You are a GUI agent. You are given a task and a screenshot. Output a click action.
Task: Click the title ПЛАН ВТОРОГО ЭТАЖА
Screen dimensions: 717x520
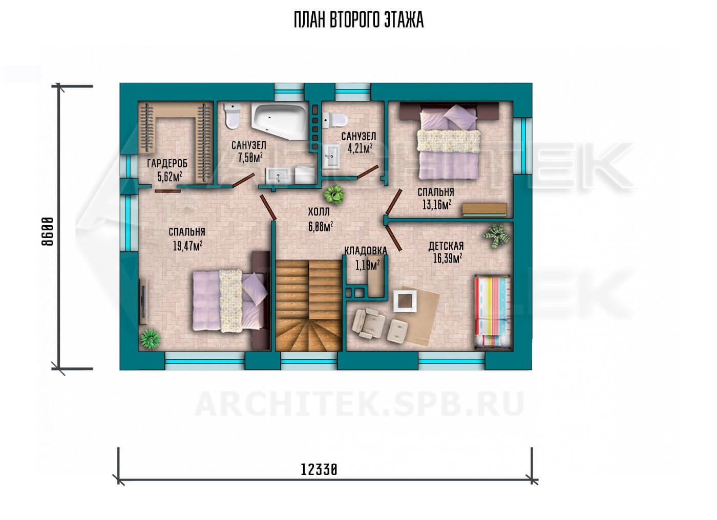[359, 20]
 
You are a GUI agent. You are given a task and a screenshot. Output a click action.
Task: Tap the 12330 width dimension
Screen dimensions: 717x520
[319, 470]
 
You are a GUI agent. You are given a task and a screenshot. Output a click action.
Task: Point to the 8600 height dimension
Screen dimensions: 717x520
[48, 231]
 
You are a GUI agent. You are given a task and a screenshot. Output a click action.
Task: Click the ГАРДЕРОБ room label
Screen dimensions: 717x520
[167, 163]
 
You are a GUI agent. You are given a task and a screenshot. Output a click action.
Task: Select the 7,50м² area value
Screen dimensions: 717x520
[250, 158]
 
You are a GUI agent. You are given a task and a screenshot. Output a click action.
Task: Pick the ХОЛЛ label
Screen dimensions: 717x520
[319, 212]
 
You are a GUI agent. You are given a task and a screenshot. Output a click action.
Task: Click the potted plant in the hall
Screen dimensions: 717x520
[334, 194]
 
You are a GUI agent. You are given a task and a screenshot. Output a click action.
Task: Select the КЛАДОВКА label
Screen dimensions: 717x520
[365, 251]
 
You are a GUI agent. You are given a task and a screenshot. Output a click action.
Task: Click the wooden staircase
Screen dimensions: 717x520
[309, 306]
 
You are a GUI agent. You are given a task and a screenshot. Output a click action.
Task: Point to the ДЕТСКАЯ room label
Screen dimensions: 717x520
[446, 246]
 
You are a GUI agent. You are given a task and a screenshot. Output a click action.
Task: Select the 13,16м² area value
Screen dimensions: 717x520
[437, 205]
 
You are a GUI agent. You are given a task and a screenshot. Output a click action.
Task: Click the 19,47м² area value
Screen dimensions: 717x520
[187, 246]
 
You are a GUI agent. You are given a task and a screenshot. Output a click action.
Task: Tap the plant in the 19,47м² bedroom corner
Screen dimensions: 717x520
[150, 339]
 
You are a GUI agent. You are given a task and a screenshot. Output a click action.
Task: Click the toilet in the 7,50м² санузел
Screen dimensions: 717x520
[233, 116]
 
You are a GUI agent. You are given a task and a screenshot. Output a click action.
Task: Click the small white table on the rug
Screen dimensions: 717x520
[405, 301]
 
